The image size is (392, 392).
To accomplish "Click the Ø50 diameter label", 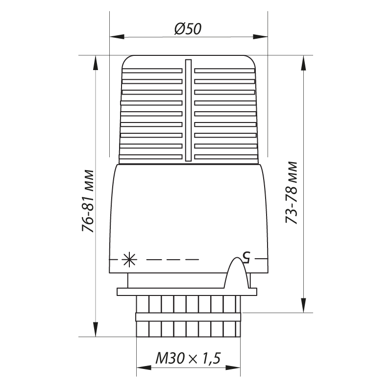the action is [188, 28].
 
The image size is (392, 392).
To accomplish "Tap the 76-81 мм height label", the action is [88, 201].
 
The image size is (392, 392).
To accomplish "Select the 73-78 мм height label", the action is [292, 193].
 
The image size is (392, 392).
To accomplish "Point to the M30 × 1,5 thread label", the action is [188, 358].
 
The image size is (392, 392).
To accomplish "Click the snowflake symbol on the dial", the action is [129, 260].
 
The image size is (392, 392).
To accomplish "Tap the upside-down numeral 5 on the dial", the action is [246, 258].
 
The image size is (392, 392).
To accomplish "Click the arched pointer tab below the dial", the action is [237, 273].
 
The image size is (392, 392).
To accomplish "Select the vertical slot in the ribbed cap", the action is [188, 110].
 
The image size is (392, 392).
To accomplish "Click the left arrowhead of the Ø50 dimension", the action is [117, 37].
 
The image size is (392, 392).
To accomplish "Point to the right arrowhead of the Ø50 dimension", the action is [260, 37].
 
